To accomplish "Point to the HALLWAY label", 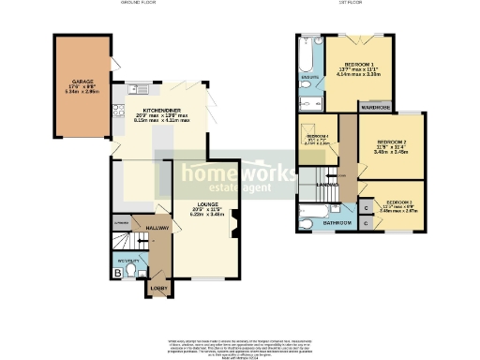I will pos(145,227).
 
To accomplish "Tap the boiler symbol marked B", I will pos(117,273).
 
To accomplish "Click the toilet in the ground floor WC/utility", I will pos(133,271).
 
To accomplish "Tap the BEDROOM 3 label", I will pos(400,202).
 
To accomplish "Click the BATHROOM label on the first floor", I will pos(337,224).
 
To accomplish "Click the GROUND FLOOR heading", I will pos(138,4).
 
